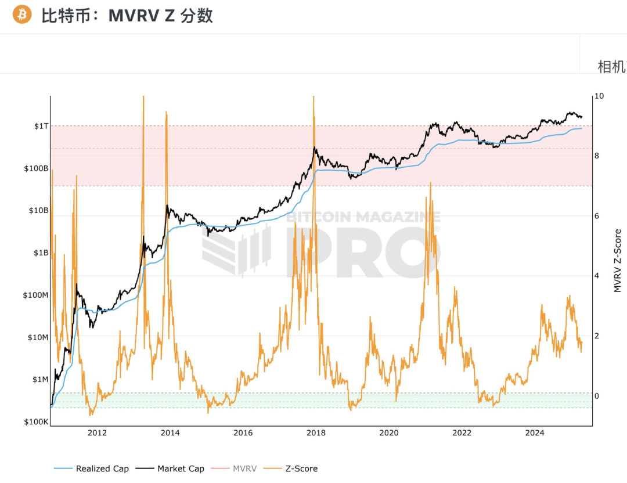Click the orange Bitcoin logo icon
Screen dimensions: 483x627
(23, 15)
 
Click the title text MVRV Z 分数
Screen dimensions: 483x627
(161, 15)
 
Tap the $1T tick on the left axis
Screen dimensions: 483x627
(42, 126)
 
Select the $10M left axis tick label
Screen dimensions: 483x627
(38, 337)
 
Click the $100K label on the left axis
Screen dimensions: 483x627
(37, 421)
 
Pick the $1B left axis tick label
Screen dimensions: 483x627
(41, 253)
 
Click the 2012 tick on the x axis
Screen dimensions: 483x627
(97, 432)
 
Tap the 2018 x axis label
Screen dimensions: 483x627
(316, 432)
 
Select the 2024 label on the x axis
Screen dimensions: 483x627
(535, 432)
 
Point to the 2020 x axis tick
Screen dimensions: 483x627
(389, 432)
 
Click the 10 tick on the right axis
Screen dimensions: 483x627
(600, 96)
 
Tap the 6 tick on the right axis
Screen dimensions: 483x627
(599, 216)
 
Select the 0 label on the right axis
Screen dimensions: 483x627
(599, 396)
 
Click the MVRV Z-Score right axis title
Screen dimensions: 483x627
(617, 260)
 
